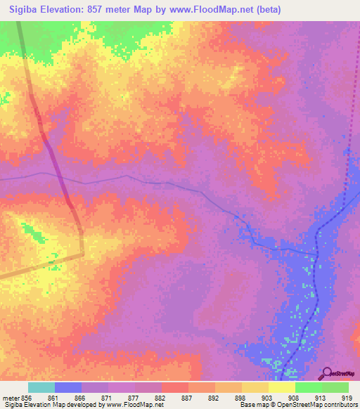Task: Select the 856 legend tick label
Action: (28, 397)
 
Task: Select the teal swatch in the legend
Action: (41, 387)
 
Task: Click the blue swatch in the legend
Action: (68, 387)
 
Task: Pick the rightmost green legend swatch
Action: (335, 387)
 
